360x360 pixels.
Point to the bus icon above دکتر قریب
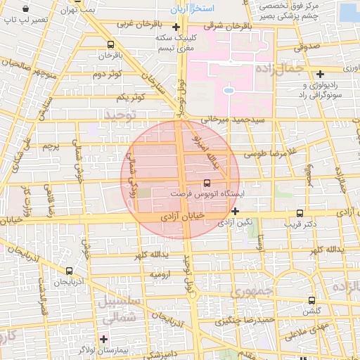pos(300,213)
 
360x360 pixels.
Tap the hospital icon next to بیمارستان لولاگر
pos(104,339)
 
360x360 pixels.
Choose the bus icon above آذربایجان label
pos(69,271)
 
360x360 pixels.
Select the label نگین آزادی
pos(233,223)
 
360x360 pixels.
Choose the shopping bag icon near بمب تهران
pos(25,10)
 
